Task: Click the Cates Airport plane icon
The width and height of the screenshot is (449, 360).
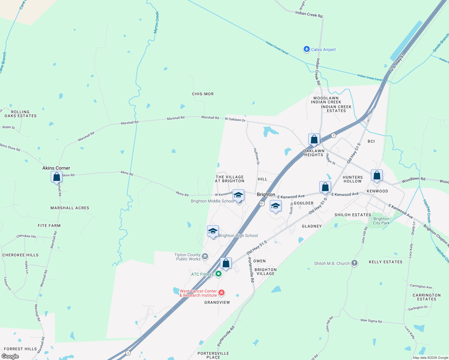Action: point(306,49)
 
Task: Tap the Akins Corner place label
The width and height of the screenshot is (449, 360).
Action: point(56,168)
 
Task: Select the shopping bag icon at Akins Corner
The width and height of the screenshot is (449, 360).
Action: point(56,177)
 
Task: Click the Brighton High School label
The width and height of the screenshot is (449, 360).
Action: point(238,235)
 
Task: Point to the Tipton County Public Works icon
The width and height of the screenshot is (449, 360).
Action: point(205,256)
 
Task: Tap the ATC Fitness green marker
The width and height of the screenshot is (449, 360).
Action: point(218,274)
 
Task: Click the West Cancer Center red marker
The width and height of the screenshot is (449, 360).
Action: point(221,292)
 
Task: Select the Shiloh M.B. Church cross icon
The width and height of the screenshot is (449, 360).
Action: point(354,263)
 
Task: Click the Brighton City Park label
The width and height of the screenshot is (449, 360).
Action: point(381,221)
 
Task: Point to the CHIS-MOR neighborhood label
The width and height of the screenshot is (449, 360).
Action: point(203,94)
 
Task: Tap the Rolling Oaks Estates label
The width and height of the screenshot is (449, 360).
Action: point(20,114)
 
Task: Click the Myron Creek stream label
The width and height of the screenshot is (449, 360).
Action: point(156,22)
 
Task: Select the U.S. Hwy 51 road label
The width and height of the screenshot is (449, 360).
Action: point(397,63)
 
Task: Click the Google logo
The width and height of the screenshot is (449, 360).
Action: point(10,356)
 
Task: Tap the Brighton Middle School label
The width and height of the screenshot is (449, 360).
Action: point(212,201)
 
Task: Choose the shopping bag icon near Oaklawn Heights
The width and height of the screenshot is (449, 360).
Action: point(314,139)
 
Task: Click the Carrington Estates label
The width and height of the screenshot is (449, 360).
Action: point(426,297)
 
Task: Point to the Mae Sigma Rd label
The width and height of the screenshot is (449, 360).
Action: point(371,321)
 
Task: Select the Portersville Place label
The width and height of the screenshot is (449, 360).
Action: point(213,355)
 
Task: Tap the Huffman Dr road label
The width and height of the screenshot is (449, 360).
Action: point(256,156)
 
